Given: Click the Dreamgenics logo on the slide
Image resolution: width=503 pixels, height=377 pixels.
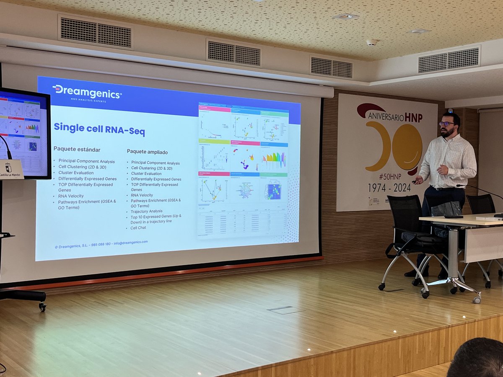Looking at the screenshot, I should coord(87,92).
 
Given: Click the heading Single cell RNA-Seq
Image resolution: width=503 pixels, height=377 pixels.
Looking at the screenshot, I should coord(99,129).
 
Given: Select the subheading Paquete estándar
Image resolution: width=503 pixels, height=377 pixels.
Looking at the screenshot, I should coord(77,149).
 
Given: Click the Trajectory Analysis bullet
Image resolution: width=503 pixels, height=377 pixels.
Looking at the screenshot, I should coord(146,211).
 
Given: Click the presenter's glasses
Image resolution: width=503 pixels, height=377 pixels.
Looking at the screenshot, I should coord(446,124).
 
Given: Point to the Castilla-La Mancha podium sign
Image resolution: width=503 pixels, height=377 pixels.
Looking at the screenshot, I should coord(10,170).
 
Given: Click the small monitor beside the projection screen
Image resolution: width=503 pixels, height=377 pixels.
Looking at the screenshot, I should coord(24,132).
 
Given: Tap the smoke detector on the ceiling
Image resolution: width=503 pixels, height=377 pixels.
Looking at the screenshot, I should coord(372,42).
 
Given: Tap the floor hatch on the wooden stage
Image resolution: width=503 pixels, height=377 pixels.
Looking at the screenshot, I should coord(285,310).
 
